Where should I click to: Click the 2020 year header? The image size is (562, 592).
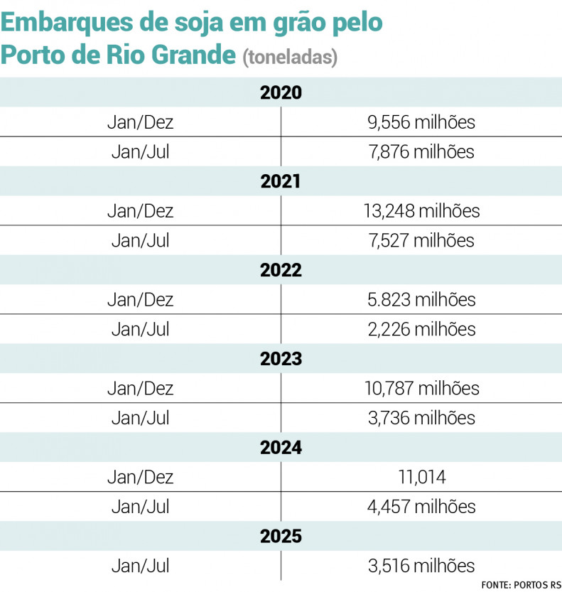click(281, 93)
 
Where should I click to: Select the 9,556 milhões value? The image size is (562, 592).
click(421, 122)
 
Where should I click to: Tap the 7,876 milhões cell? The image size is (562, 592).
click(421, 151)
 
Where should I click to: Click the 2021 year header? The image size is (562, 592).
click(281, 182)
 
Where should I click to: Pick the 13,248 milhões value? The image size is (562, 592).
click(421, 211)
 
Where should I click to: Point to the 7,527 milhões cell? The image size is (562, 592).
click(421, 240)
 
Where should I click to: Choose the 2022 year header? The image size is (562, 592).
click(281, 271)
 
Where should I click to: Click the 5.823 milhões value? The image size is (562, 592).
click(421, 300)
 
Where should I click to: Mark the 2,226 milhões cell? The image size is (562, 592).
click(421, 329)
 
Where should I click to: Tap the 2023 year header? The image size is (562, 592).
click(281, 360)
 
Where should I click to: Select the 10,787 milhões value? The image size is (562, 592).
click(421, 389)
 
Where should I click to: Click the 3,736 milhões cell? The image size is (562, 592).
click(421, 418)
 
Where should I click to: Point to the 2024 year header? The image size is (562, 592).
click(281, 448)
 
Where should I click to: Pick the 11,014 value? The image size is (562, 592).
click(421, 478)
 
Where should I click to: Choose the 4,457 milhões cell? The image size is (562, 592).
click(421, 507)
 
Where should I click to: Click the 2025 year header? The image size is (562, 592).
click(281, 537)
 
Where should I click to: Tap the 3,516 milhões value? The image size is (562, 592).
click(421, 566)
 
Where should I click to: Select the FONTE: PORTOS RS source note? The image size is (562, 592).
click(521, 585)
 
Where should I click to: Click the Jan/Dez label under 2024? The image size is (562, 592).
click(140, 478)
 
